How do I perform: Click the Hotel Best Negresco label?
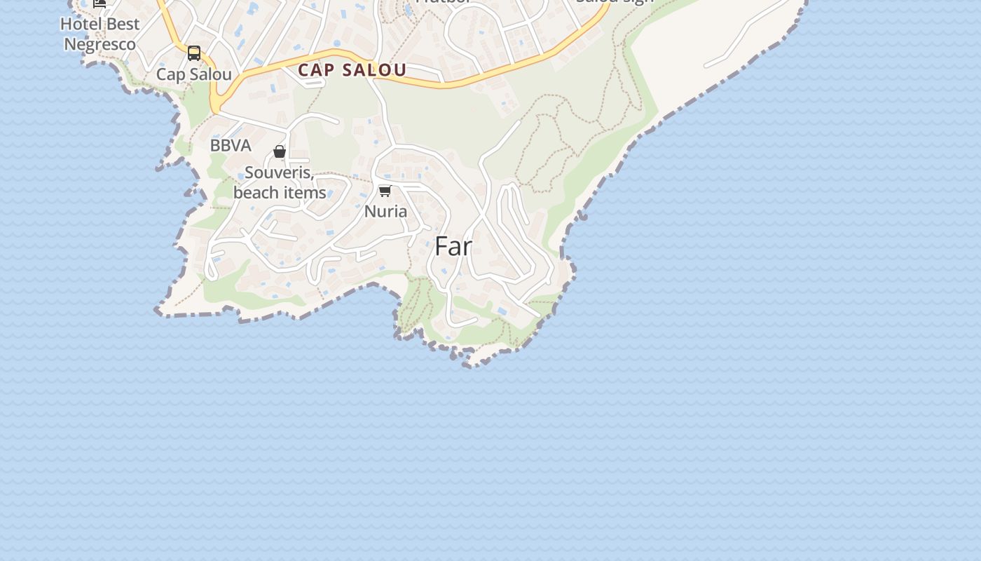(x=100, y=34)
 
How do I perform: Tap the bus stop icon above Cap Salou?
(x=194, y=53)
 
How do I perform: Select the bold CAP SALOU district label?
(x=352, y=70)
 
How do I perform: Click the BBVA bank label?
(x=231, y=146)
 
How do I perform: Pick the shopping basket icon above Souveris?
(x=280, y=151)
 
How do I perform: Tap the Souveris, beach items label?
(x=280, y=182)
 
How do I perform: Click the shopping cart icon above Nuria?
(x=385, y=191)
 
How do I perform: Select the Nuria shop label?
(x=385, y=211)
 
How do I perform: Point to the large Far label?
(x=453, y=246)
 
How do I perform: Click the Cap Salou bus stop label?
(x=194, y=74)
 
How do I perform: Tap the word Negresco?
(x=100, y=44)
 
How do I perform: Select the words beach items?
(x=280, y=192)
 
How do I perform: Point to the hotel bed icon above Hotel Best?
(x=100, y=3)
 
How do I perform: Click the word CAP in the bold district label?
(x=315, y=70)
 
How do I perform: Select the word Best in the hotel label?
(x=122, y=24)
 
